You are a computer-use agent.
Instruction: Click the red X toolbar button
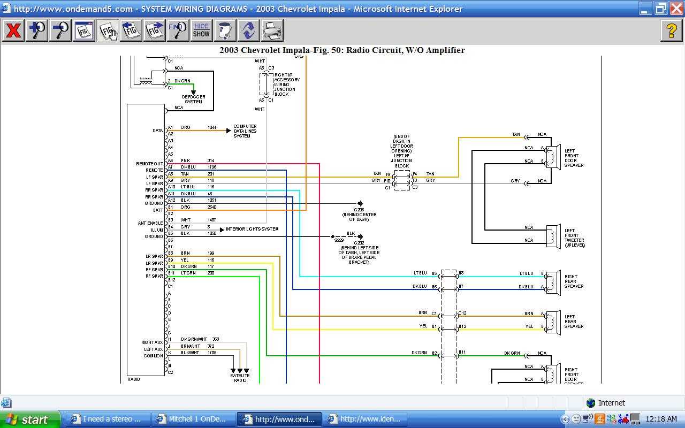(x=13, y=30)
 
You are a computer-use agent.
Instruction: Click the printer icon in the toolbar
(x=272, y=30)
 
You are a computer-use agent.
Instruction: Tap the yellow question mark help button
(x=672, y=30)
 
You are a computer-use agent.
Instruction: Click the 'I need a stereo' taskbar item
(x=107, y=419)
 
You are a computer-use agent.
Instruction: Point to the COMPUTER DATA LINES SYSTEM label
(x=245, y=131)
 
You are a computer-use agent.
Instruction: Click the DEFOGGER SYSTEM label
(x=193, y=99)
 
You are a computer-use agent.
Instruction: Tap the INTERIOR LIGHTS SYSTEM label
(x=252, y=229)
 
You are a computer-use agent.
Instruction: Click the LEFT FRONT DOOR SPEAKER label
(x=574, y=158)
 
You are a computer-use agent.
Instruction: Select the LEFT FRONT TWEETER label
(x=574, y=238)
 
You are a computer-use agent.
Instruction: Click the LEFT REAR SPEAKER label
(x=574, y=322)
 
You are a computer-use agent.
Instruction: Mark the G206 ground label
(x=359, y=210)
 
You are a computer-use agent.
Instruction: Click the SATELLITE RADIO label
(x=240, y=378)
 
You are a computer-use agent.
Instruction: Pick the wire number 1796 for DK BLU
(x=212, y=167)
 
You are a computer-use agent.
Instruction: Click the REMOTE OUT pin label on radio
(x=149, y=164)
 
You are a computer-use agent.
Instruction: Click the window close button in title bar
(x=676, y=9)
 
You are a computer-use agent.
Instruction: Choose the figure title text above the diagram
(x=342, y=50)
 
